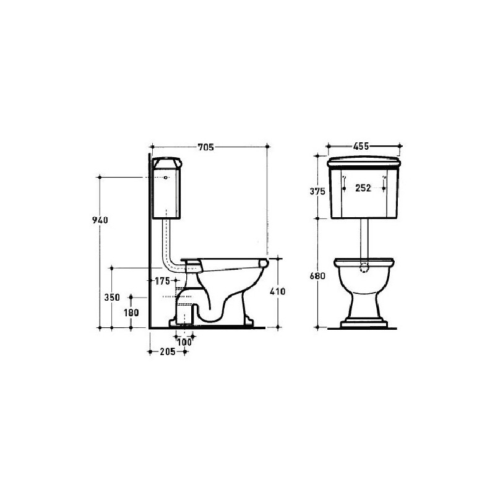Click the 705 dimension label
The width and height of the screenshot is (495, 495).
point(206,147)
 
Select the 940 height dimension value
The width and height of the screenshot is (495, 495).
point(100,220)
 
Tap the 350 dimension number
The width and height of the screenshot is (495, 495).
point(112,298)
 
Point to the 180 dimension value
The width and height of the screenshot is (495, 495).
point(131,313)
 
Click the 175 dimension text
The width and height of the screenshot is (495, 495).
point(163,281)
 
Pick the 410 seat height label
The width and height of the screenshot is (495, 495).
point(277,291)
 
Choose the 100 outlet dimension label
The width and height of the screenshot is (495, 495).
point(184,342)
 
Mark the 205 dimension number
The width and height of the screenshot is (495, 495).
point(168,351)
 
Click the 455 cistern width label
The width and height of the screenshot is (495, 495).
point(361,147)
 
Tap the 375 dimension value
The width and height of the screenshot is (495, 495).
point(317,191)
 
